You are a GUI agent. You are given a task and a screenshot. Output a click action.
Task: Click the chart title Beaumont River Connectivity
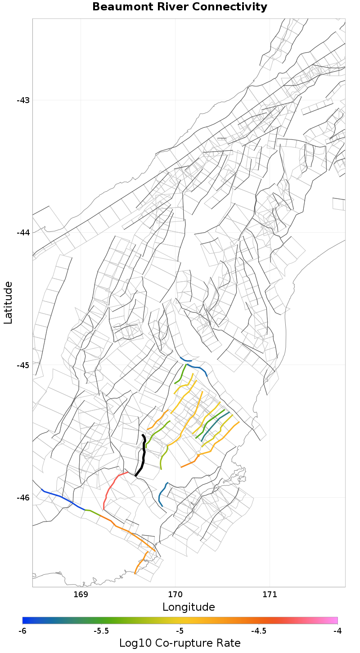pyautogui.click(x=180, y=7)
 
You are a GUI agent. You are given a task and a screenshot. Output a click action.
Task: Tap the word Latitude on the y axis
pyautogui.click(x=8, y=302)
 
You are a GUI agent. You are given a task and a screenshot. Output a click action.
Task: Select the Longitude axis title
pyautogui.click(x=189, y=607)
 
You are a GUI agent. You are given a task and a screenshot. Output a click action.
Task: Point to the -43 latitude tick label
pyautogui.click(x=23, y=100)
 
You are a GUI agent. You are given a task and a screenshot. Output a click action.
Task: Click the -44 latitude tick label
pyautogui.click(x=23, y=232)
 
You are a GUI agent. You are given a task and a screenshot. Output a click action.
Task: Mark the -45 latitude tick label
pyautogui.click(x=23, y=365)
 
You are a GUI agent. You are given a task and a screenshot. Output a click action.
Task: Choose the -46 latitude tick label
pyautogui.click(x=23, y=497)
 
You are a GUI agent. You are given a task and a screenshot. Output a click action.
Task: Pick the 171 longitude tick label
pyautogui.click(x=270, y=594)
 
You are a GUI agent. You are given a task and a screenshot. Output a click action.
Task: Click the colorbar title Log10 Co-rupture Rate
pyautogui.click(x=180, y=643)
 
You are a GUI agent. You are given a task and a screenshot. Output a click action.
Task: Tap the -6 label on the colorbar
pyautogui.click(x=22, y=631)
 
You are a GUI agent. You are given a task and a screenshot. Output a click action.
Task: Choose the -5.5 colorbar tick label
pyautogui.click(x=101, y=631)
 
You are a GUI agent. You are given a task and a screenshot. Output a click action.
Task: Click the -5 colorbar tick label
pyautogui.click(x=180, y=631)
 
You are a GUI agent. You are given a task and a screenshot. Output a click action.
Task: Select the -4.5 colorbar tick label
pyautogui.click(x=258, y=631)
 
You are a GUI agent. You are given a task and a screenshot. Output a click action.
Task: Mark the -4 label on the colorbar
pyautogui.click(x=337, y=631)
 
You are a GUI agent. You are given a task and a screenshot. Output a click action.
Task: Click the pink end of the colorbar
pyautogui.click(x=333, y=620)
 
